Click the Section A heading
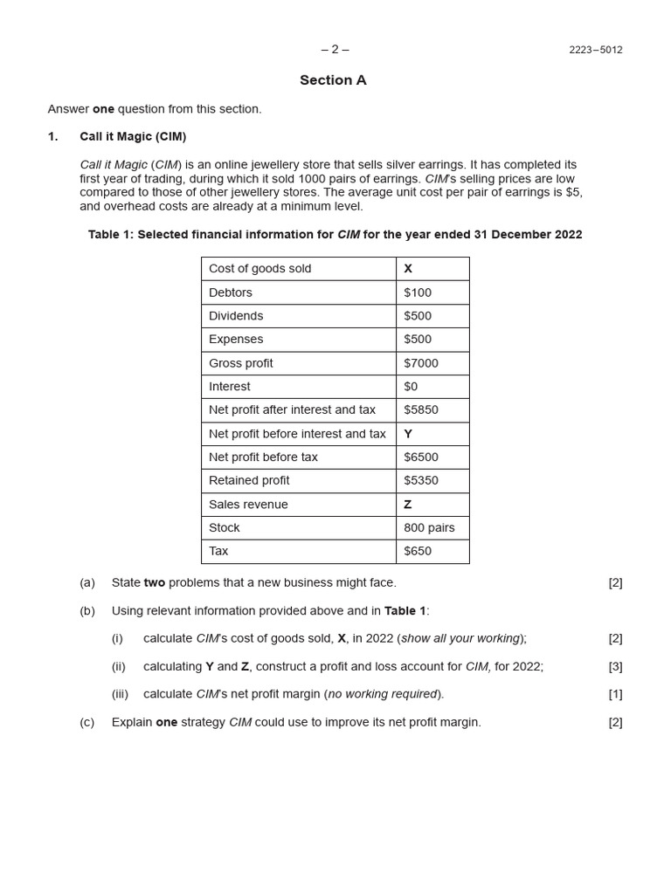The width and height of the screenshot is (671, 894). (x=333, y=80)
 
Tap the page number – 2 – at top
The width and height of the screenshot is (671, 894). (x=335, y=49)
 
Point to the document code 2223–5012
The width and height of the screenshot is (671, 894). (x=595, y=50)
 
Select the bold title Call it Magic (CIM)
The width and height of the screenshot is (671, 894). (x=133, y=137)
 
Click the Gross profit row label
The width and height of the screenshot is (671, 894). (x=240, y=363)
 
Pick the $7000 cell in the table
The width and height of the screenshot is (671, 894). (x=421, y=363)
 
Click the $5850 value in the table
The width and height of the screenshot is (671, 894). (x=421, y=410)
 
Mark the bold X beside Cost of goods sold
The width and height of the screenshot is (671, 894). (x=408, y=269)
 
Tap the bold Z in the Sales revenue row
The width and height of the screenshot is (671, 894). (x=408, y=505)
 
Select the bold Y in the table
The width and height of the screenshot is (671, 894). (x=408, y=434)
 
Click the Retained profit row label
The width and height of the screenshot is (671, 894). (x=249, y=481)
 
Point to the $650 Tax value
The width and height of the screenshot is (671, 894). (x=418, y=552)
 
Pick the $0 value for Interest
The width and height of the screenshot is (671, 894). (x=412, y=387)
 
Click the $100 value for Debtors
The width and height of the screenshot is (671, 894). (x=418, y=292)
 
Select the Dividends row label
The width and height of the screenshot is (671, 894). (x=236, y=316)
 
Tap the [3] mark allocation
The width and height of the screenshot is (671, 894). (x=615, y=666)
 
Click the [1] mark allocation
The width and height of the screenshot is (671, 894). (x=615, y=694)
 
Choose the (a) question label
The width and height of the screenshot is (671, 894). (x=87, y=582)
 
